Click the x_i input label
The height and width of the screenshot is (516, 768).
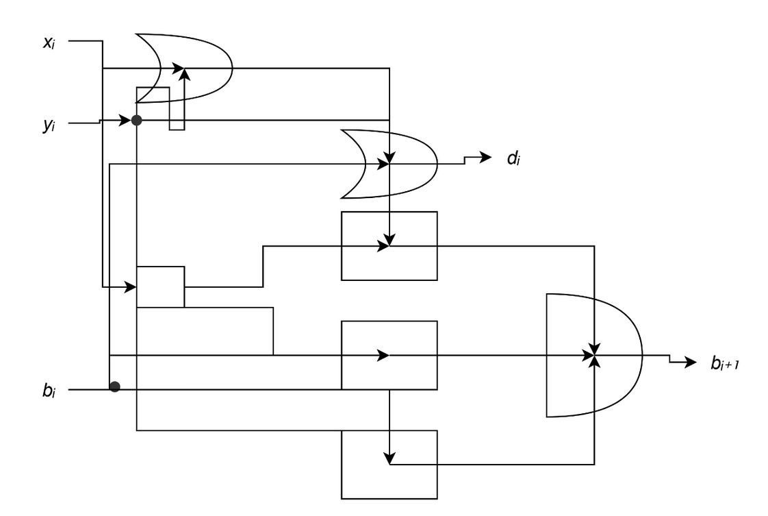coord(49,42)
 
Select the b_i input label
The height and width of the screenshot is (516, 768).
coord(49,391)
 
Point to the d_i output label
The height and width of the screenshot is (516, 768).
coord(513,158)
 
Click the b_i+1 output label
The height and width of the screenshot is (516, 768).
coord(725,363)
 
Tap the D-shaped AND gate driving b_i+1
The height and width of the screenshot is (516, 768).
coord(594,355)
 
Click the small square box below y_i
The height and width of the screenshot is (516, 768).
coord(161,287)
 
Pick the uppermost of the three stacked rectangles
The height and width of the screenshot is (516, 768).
coord(389,246)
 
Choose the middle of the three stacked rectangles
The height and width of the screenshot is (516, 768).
coord(389,355)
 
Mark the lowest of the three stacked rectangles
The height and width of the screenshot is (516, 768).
coord(389,465)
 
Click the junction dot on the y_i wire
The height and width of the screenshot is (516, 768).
coord(137,120)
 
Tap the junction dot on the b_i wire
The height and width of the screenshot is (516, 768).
coord(114,387)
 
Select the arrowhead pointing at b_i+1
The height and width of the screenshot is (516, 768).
coord(691,362)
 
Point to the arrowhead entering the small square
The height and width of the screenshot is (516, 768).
coord(130,287)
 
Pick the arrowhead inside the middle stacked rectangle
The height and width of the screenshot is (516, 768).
coord(383,355)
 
